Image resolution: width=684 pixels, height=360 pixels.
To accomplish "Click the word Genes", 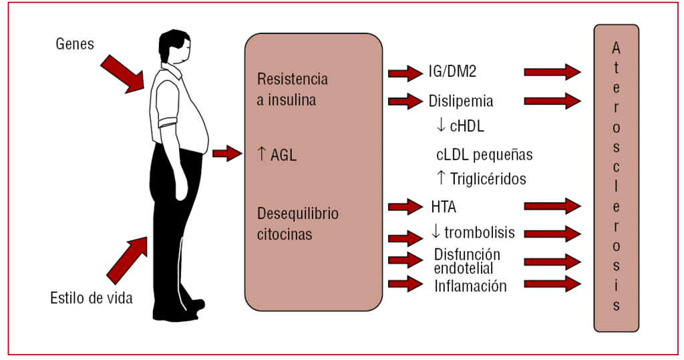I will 75,45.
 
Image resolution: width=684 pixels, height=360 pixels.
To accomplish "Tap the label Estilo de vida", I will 92,298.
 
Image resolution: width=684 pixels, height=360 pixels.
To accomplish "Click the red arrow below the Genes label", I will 124,74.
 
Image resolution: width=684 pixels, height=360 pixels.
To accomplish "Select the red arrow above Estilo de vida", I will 128,257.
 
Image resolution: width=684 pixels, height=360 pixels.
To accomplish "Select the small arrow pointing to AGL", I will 227,154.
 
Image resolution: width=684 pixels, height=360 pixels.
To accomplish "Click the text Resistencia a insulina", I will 293,89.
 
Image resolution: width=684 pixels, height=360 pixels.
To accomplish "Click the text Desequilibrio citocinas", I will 297,224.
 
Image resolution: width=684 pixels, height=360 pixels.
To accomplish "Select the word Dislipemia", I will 461,102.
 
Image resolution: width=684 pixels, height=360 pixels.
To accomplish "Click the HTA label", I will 444,206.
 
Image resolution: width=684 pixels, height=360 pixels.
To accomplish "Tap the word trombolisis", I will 479,232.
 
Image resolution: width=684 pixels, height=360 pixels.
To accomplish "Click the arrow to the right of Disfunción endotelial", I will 552,262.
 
